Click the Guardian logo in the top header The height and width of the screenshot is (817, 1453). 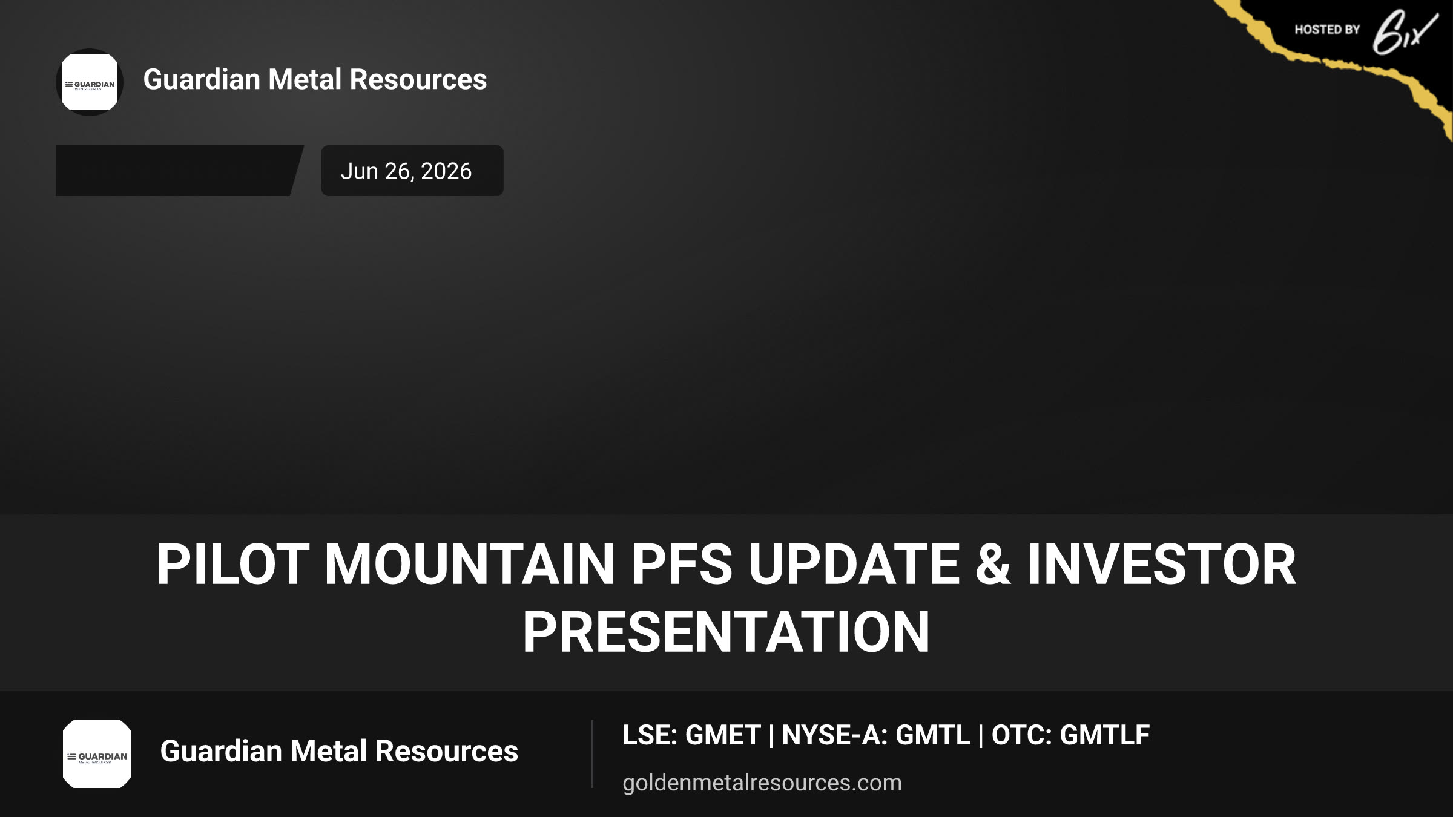(90, 82)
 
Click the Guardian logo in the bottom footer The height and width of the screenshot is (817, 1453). (97, 754)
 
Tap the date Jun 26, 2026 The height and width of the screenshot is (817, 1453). (406, 171)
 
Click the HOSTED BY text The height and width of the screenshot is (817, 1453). (1327, 30)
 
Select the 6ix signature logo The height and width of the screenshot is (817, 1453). (1405, 33)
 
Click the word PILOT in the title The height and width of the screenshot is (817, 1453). (233, 564)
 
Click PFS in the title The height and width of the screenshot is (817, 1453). (682, 564)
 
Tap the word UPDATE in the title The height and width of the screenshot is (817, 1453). (854, 564)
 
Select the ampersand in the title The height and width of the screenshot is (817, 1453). (993, 564)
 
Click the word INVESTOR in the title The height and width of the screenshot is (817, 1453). (1162, 564)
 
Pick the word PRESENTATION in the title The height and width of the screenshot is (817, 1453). (726, 632)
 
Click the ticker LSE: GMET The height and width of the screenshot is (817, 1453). (691, 735)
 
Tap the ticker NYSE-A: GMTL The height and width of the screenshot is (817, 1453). (876, 735)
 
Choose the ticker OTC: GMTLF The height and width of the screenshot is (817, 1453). (1070, 735)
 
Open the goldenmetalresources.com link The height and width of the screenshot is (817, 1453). (762, 783)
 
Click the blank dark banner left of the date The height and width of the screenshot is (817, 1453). (179, 171)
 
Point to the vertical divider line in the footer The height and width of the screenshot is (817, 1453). (592, 754)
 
